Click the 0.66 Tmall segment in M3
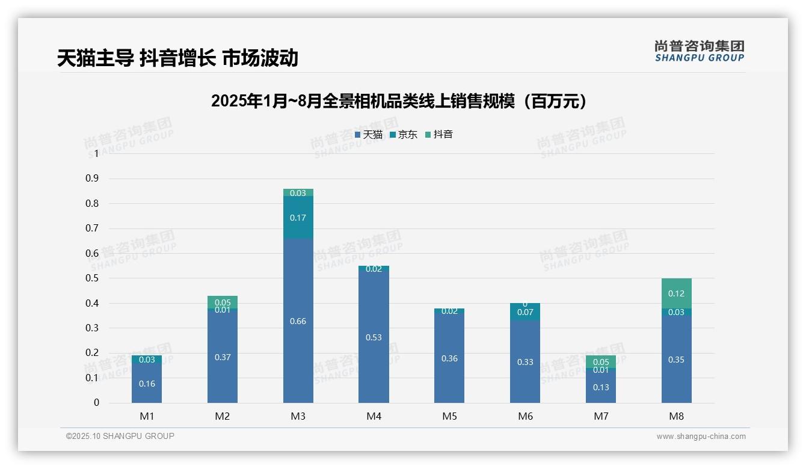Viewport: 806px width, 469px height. (298, 321)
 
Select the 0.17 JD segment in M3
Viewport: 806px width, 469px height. (298, 218)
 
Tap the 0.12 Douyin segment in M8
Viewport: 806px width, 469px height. (676, 293)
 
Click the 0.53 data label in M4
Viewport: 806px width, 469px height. (374, 337)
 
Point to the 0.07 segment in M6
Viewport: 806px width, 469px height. (525, 312)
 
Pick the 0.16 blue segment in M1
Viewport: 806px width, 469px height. (147, 384)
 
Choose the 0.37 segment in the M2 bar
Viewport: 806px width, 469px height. (223, 357)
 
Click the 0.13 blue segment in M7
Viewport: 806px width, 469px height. (601, 388)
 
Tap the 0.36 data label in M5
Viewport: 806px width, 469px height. (449, 358)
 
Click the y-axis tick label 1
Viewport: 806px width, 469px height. (96, 154)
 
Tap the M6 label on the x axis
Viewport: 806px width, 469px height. (525, 416)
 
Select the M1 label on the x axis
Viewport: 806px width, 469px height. (147, 416)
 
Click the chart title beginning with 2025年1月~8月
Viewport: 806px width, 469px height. (399, 101)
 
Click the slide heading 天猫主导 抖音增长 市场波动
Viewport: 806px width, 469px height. (177, 58)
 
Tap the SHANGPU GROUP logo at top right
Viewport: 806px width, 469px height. (699, 51)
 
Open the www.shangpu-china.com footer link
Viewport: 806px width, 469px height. (701, 437)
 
